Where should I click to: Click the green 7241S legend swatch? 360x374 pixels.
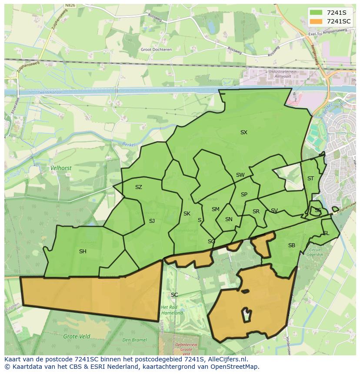[316, 12]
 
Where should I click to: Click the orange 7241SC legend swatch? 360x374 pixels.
[316, 21]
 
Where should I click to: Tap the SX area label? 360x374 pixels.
[243, 132]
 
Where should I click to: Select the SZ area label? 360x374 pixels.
[138, 187]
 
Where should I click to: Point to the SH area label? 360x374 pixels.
[83, 252]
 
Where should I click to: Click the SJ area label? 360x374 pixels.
[152, 221]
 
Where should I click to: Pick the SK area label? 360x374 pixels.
[187, 214]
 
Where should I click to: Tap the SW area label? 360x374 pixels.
[240, 175]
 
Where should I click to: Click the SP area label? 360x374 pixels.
[244, 195]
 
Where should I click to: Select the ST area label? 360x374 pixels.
[310, 179]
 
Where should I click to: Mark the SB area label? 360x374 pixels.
[291, 245]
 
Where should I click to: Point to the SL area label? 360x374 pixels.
[326, 233]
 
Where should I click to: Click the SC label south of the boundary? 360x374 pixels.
[174, 295]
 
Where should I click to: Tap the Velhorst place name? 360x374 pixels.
[61, 168]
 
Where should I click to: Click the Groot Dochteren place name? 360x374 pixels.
[156, 50]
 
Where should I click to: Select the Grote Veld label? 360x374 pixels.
[77, 336]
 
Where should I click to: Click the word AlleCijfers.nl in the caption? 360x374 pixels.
[227, 360]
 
